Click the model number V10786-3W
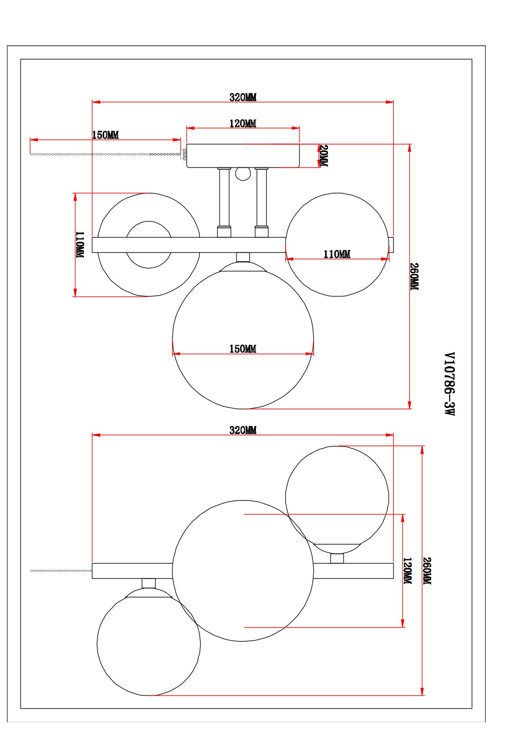click(450, 384)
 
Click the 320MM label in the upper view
click(243, 97)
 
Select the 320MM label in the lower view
click(243, 430)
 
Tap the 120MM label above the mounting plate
click(243, 124)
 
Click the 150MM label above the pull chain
click(105, 135)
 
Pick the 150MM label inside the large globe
click(243, 349)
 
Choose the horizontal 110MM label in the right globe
click(337, 254)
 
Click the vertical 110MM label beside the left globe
click(80, 245)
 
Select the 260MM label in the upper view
click(414, 277)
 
